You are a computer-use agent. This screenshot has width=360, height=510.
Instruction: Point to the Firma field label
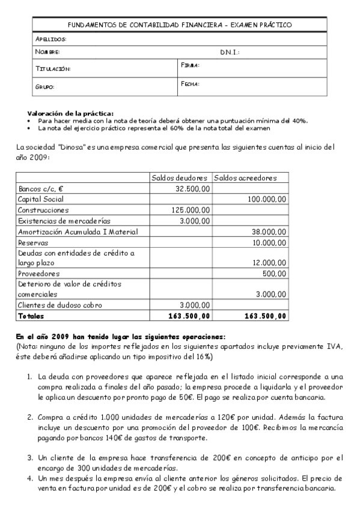[x=190, y=65]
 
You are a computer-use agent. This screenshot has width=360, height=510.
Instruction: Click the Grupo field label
[x=45, y=87]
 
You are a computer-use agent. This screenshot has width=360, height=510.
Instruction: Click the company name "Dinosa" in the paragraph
[x=59, y=147]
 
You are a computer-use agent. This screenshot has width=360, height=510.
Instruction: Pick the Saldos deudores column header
[x=180, y=178]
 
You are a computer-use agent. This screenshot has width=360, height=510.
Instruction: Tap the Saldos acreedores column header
[x=245, y=178]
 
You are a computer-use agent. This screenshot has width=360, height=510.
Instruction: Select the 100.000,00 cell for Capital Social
[x=267, y=199]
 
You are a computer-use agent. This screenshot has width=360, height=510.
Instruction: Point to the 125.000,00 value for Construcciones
[x=191, y=210]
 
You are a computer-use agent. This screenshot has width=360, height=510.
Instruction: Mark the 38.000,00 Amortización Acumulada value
[x=269, y=232]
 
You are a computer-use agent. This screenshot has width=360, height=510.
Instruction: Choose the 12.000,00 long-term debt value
[x=269, y=263]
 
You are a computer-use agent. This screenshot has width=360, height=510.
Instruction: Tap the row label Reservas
[x=34, y=242]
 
